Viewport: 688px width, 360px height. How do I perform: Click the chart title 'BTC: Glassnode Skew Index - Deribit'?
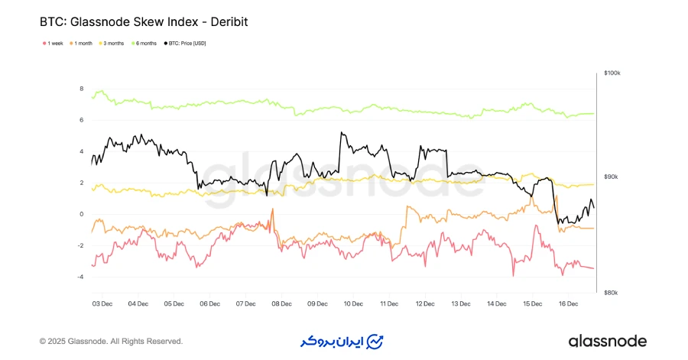pyautogui.click(x=144, y=22)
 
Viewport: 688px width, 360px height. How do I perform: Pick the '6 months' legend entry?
pyautogui.click(x=146, y=44)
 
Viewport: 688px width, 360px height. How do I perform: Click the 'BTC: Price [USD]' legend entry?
pyautogui.click(x=184, y=44)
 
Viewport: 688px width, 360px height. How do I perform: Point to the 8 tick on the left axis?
pyautogui.click(x=82, y=89)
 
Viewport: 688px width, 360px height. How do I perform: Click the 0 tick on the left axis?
pyautogui.click(x=82, y=214)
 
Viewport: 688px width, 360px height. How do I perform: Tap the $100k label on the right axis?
pyautogui.click(x=612, y=73)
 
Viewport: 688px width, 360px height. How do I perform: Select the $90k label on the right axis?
pyautogui.click(x=611, y=177)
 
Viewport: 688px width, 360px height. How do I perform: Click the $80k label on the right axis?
pyautogui.click(x=611, y=293)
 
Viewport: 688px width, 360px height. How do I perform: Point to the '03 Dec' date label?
pyautogui.click(x=102, y=303)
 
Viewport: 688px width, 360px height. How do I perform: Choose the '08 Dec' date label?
pyautogui.click(x=281, y=303)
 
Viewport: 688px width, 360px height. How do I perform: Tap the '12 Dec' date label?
pyautogui.click(x=424, y=303)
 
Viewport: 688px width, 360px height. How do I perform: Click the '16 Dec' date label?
pyautogui.click(x=567, y=303)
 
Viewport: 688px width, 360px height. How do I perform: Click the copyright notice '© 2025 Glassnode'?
pyautogui.click(x=111, y=341)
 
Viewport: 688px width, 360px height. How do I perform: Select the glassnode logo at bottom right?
pyautogui.click(x=607, y=341)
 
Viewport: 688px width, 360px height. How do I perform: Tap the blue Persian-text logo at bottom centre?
pyautogui.click(x=341, y=341)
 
